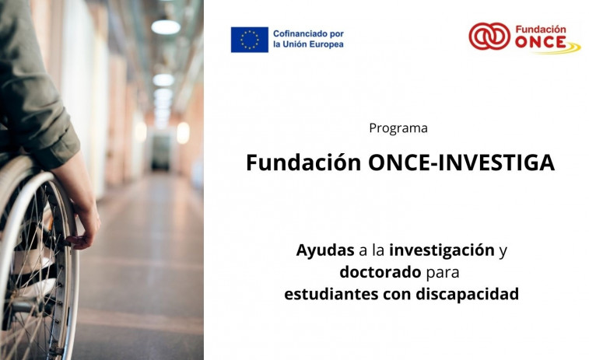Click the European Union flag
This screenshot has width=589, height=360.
click(x=249, y=39)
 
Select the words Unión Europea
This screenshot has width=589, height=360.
click(x=315, y=45)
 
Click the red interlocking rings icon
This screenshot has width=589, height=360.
click(x=489, y=36)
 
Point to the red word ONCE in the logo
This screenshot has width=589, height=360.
click(x=545, y=42)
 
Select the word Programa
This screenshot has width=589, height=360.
click(x=398, y=128)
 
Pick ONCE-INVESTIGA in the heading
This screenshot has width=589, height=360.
click(x=461, y=163)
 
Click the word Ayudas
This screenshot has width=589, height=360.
click(x=324, y=250)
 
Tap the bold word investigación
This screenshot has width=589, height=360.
click(x=442, y=250)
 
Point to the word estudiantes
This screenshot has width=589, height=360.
click(x=331, y=295)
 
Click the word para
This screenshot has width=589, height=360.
click(x=444, y=273)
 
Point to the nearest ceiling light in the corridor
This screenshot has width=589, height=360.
click(x=165, y=27)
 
